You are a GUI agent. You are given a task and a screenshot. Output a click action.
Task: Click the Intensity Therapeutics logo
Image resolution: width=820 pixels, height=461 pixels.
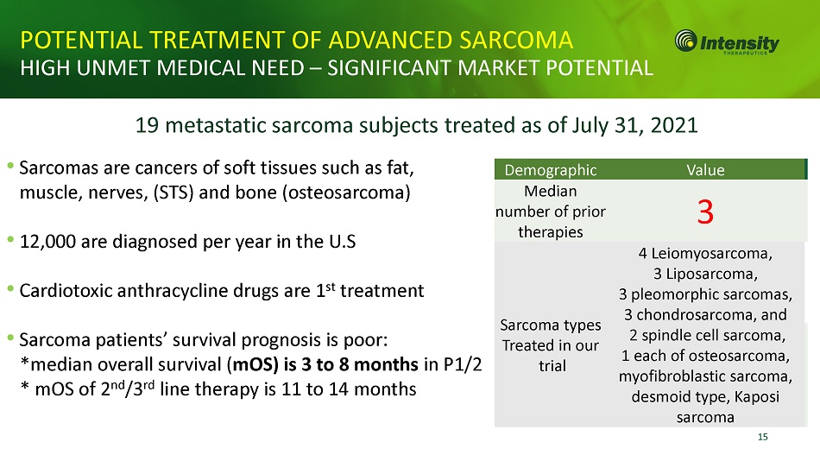point(727,41)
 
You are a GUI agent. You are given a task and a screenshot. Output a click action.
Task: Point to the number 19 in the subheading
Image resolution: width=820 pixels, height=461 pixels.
point(147,125)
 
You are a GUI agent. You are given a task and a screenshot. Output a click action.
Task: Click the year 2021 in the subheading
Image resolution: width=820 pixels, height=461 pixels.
point(674,125)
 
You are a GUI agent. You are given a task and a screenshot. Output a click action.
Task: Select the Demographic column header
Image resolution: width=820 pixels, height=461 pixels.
point(550,170)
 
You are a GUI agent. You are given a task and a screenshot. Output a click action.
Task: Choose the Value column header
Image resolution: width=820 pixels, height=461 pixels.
point(705,170)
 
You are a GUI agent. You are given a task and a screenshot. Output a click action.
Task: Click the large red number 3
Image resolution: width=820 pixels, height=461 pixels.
point(705,212)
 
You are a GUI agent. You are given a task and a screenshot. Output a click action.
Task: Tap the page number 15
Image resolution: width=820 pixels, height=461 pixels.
point(762,437)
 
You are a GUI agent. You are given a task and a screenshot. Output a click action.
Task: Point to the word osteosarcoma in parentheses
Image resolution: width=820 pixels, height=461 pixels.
point(346,193)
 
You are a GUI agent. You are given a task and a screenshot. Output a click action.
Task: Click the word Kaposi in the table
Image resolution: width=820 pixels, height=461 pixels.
point(757,396)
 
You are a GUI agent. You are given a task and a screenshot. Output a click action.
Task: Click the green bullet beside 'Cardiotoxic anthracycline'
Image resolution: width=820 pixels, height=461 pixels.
point(10,288)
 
